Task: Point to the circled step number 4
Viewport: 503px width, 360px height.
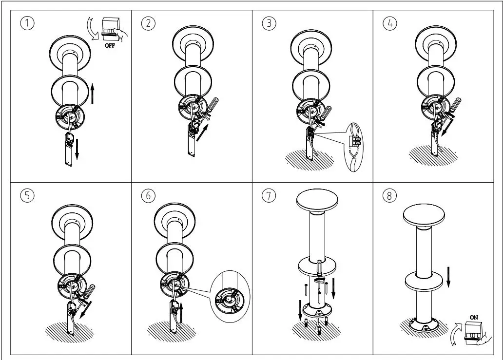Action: [x=389, y=23]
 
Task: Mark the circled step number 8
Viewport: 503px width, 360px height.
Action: [x=389, y=195]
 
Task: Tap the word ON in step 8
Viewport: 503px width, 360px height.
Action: [x=474, y=317]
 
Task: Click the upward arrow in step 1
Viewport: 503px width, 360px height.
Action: [x=92, y=93]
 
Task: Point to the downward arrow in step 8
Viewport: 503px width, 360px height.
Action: [x=449, y=276]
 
